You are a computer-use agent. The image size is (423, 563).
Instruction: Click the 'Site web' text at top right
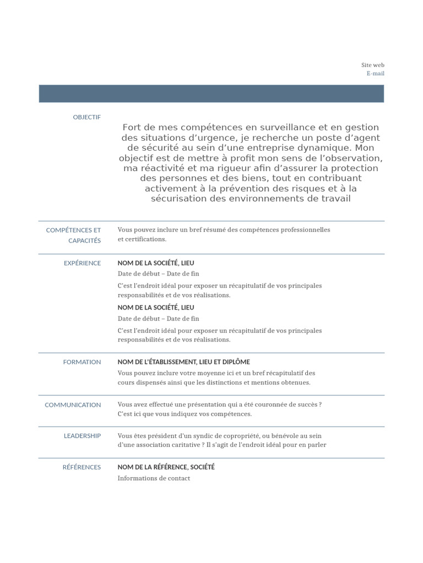[372, 65]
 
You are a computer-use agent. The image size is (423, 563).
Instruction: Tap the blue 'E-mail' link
[375, 73]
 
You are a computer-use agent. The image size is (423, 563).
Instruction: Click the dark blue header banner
[211, 93]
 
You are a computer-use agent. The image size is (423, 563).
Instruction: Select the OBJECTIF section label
[86, 117]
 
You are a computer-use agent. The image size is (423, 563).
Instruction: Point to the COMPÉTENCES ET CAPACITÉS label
[73, 235]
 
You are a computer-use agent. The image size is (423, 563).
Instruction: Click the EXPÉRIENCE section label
[82, 263]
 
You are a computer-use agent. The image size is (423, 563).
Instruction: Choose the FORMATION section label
[82, 362]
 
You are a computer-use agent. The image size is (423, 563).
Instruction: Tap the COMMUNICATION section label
[73, 405]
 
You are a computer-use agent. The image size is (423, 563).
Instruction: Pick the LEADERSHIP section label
[82, 435]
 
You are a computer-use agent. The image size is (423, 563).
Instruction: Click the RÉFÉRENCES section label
[82, 467]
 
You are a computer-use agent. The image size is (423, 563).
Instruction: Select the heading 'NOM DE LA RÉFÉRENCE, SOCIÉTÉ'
[166, 467]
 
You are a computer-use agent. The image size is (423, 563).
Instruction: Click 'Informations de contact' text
[154, 478]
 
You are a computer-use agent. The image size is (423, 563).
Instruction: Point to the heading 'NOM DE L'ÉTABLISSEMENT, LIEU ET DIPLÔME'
[183, 362]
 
